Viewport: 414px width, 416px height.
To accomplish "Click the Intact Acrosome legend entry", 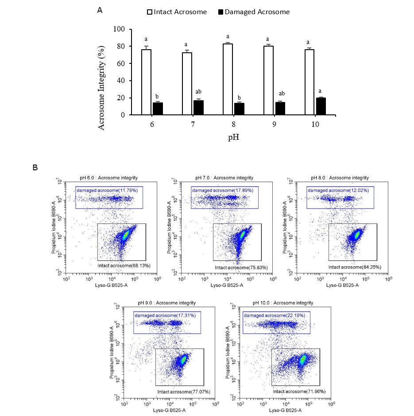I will pyautogui.click(x=177, y=12).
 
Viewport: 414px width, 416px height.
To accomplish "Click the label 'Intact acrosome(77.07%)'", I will pyautogui.click(x=183, y=392).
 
